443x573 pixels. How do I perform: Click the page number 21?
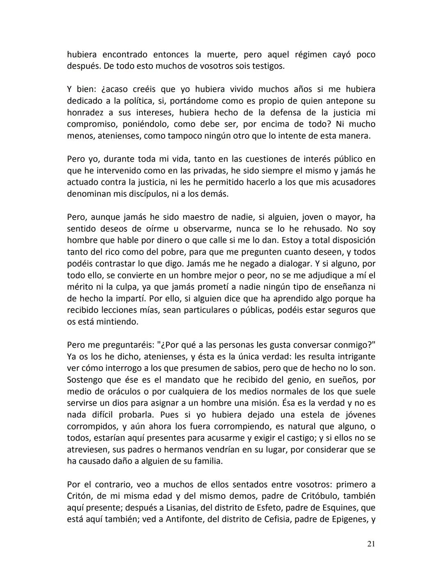pyautogui.click(x=371, y=544)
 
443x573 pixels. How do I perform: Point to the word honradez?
pyautogui.click(x=85, y=112)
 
